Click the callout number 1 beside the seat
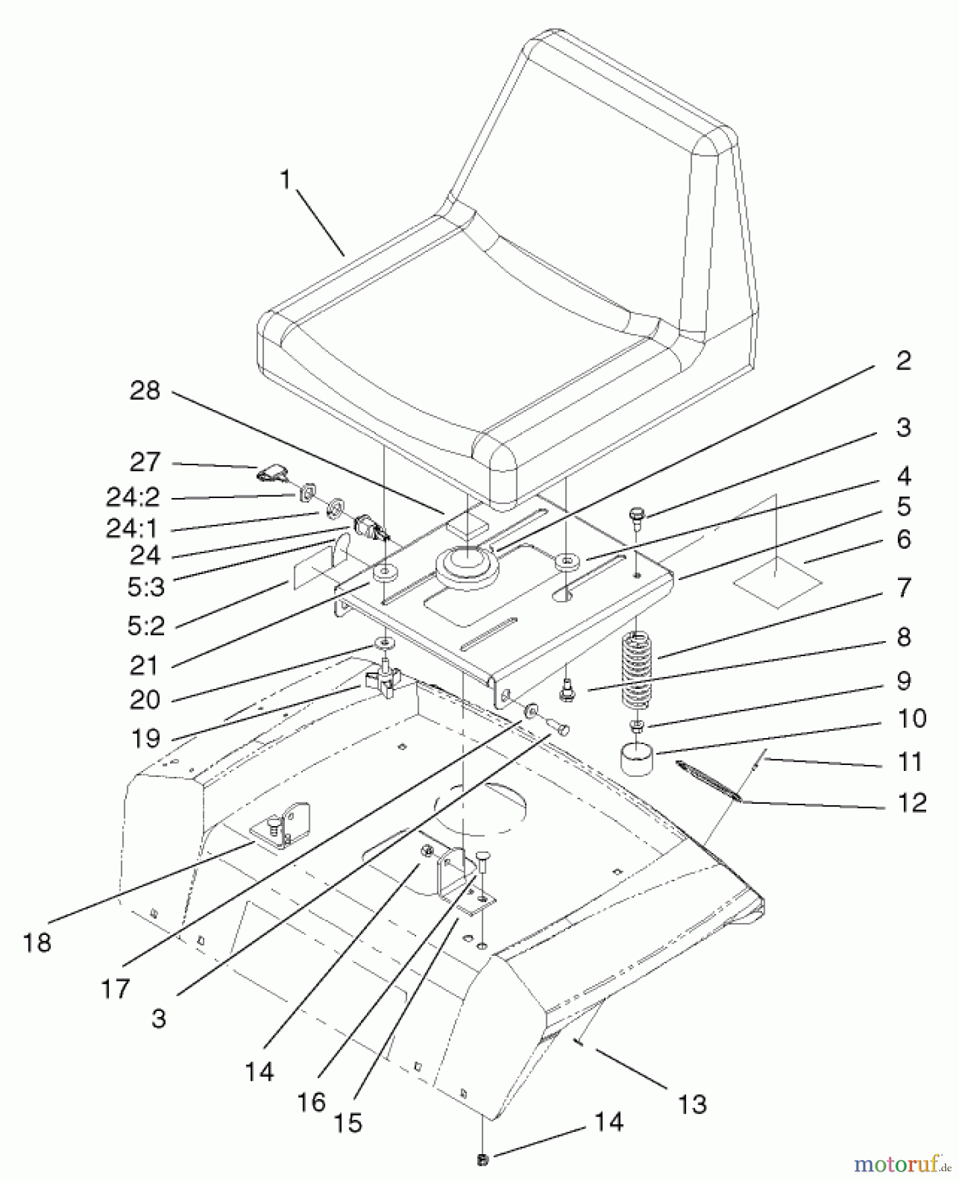[x=285, y=179]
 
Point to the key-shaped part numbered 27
[x=271, y=471]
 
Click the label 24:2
[x=133, y=497]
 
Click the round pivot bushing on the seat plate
[x=467, y=566]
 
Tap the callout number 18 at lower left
[x=37, y=943]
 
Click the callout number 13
[x=693, y=1104]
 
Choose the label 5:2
[x=146, y=625]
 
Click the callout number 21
[x=144, y=665]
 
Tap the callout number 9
[x=904, y=680]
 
